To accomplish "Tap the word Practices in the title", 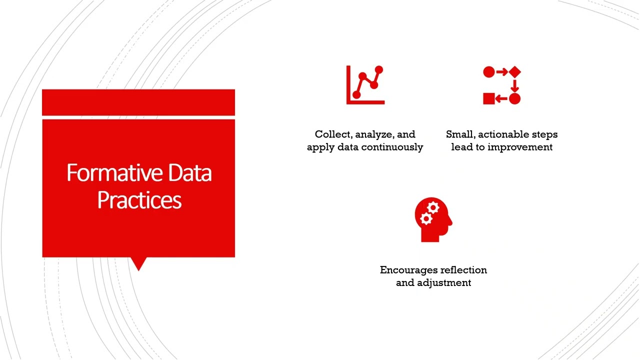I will [x=139, y=200].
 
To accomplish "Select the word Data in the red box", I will [x=190, y=173].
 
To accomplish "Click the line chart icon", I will [x=365, y=85].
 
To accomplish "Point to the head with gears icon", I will [x=433, y=220].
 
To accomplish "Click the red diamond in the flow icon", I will [x=514, y=72].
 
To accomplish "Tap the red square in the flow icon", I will [x=488, y=98].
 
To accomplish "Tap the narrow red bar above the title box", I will [x=138, y=102].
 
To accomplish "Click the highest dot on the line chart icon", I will [x=378, y=70].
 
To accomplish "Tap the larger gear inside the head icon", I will [x=433, y=207].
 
